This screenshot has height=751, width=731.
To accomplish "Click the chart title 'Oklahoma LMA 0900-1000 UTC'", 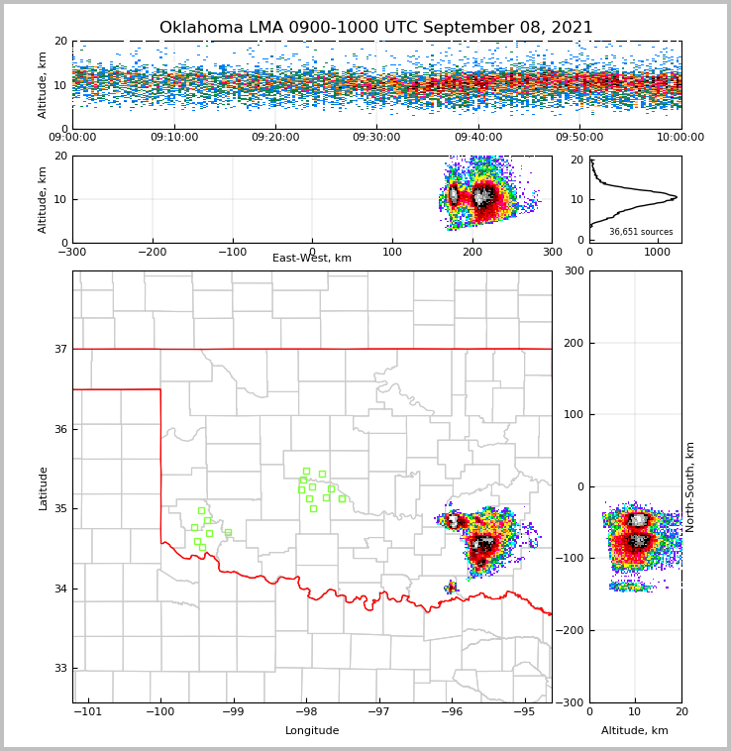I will coord(375,28).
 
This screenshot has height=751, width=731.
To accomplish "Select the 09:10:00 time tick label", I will coord(173,138).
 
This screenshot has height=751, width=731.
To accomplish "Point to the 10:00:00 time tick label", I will coord(679,138).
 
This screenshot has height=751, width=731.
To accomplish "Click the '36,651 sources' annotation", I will coord(641,232).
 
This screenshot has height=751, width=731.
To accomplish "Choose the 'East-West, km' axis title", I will coord(312,259).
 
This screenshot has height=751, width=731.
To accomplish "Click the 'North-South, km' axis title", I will coord(690,486).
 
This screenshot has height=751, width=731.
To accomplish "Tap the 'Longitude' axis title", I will coord(312,731).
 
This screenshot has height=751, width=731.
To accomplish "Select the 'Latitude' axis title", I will coord(44,487).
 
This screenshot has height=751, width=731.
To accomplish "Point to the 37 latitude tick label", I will coord(60,349).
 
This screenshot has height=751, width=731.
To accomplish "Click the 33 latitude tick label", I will coord(60,668).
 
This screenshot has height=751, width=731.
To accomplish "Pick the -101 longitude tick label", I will coord(88,712).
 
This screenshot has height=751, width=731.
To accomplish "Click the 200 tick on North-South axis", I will coord(574,343).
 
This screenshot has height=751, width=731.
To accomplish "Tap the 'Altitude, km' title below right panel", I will coord(635,731).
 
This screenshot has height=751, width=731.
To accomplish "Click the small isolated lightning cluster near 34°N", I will coord(452,588).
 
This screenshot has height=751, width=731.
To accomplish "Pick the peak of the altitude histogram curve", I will coord(676,196).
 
